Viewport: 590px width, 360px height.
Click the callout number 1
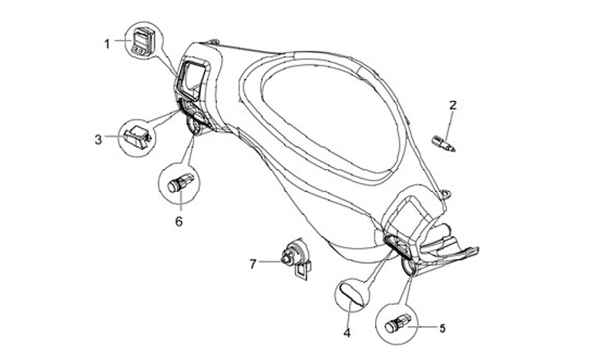pyautogui.click(x=106, y=43)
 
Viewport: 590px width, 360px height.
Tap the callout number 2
pyautogui.click(x=452, y=105)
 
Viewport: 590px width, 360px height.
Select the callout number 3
pyautogui.click(x=98, y=139)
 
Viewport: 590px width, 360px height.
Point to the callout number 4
pyautogui.click(x=347, y=333)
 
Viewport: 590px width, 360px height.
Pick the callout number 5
pyautogui.click(x=442, y=329)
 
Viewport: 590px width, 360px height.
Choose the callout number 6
pyautogui.click(x=179, y=221)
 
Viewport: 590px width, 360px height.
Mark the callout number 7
pyautogui.click(x=253, y=263)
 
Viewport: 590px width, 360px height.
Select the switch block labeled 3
pyautogui.click(x=136, y=137)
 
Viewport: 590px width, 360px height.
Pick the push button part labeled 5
pyautogui.click(x=398, y=325)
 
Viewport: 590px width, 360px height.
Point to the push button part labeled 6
pyautogui.click(x=179, y=183)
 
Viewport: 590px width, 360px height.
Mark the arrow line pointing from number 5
pyautogui.click(x=424, y=328)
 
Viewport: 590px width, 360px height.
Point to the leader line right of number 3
pyautogui.click(x=111, y=139)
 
